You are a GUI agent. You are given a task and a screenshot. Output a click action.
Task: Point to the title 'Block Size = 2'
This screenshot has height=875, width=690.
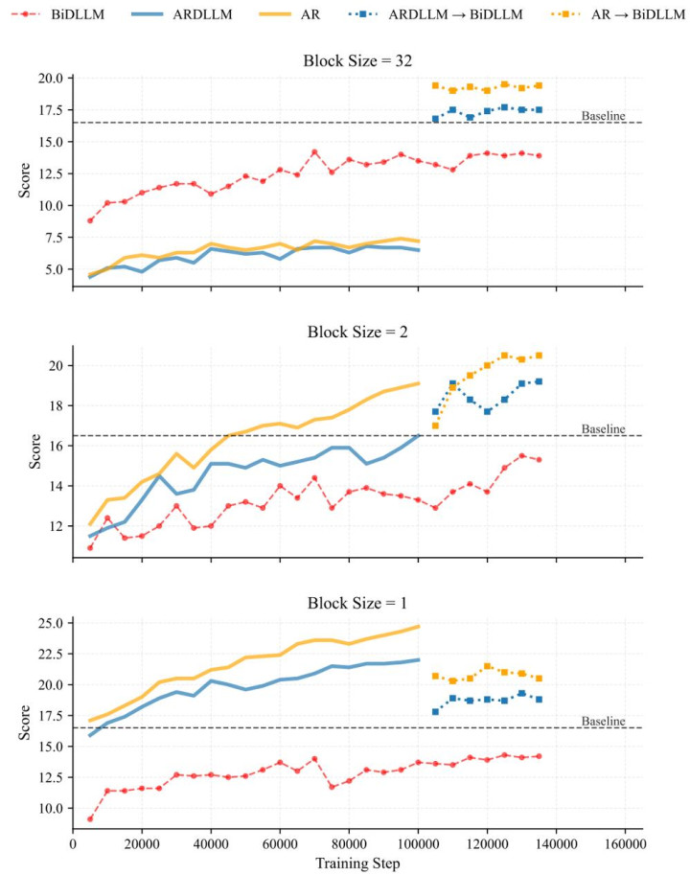(357, 333)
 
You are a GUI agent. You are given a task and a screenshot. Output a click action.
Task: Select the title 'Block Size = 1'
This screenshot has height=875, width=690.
(357, 604)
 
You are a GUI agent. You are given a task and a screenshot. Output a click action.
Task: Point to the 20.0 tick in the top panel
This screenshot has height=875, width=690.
(49, 78)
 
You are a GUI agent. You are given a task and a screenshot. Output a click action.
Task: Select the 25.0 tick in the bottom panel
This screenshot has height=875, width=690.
(49, 623)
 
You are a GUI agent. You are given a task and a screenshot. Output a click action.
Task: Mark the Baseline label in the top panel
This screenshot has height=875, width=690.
(603, 116)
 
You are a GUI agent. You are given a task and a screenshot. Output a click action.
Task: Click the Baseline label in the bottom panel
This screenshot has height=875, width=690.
(603, 722)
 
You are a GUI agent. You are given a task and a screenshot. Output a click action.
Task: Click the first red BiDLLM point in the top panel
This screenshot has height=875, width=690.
(90, 220)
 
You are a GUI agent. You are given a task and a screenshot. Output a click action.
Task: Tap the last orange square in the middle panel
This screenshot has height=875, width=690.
(540, 356)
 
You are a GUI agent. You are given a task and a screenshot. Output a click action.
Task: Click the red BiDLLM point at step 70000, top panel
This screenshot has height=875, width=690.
(314, 151)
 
